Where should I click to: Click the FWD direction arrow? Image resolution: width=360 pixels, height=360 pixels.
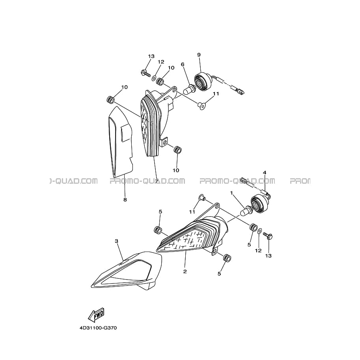(x=97, y=314)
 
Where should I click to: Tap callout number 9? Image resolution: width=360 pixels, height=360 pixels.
(x=199, y=55)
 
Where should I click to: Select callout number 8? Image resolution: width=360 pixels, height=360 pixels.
(x=125, y=200)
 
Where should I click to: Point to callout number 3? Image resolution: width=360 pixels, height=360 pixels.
(x=117, y=241)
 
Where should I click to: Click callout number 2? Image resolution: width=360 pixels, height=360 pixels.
(x=185, y=271)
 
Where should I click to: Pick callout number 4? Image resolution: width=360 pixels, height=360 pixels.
(x=265, y=172)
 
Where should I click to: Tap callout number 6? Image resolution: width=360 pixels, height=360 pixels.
(x=183, y=64)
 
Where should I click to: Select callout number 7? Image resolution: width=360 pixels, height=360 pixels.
(x=157, y=181)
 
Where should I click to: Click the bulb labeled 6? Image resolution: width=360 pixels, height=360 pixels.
(x=189, y=90)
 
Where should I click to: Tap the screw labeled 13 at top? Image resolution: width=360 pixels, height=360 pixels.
(x=145, y=73)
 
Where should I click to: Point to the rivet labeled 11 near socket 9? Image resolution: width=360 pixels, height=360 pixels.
(x=201, y=106)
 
